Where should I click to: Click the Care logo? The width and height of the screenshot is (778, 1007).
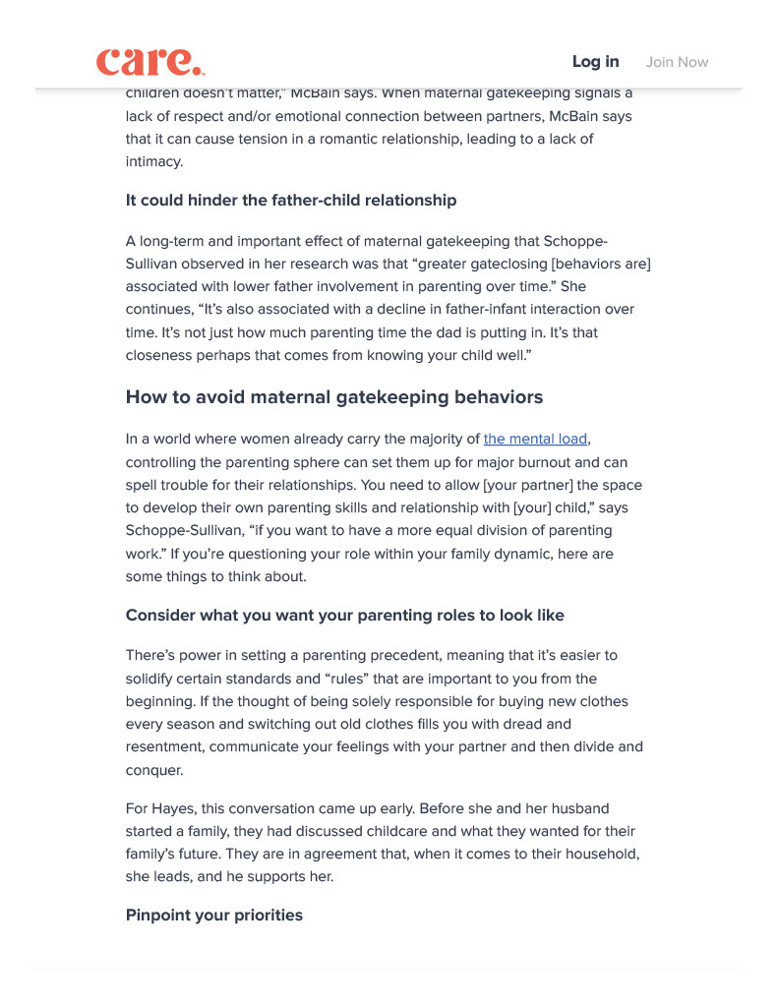click(x=150, y=62)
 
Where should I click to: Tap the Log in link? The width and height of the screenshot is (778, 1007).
click(x=595, y=62)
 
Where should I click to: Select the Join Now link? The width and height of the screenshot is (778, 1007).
click(x=677, y=62)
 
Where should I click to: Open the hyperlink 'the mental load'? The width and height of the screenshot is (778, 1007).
click(x=536, y=439)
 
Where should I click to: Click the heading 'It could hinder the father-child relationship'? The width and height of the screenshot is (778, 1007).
click(x=291, y=201)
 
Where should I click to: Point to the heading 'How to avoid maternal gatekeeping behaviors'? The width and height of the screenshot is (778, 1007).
click(x=334, y=397)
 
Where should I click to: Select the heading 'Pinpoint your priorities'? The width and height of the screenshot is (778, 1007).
click(x=214, y=916)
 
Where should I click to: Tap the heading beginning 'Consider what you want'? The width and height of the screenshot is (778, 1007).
click(x=345, y=616)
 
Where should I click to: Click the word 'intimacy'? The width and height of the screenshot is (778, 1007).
click(x=154, y=162)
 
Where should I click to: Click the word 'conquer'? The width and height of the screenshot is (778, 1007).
click(x=154, y=770)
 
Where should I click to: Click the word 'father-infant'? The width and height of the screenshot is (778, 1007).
click(x=505, y=309)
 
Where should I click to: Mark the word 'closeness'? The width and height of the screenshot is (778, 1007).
click(x=160, y=356)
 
